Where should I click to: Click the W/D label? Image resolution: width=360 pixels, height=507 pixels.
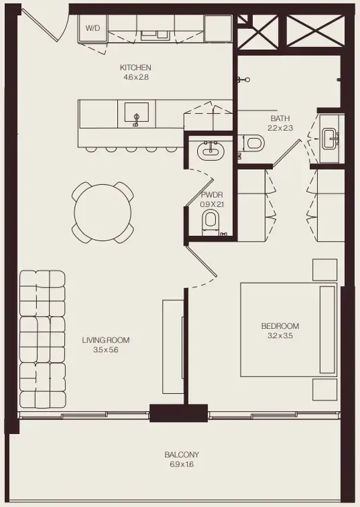(x=91, y=28)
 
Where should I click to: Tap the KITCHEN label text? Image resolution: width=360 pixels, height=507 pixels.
(x=135, y=68)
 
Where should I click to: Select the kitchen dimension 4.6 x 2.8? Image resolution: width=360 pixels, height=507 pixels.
(x=135, y=77)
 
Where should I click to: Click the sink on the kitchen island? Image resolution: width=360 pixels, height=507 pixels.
(x=137, y=113)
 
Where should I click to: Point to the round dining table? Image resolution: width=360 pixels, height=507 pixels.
(x=103, y=212)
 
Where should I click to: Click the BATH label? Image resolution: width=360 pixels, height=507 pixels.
(x=280, y=118)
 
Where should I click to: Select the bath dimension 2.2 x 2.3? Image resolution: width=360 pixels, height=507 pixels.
(x=280, y=127)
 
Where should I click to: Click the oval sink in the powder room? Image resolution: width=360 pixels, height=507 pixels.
(x=211, y=151)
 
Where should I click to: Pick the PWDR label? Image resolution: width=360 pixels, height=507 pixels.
(x=211, y=195)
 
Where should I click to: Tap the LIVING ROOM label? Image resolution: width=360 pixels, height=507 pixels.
(x=105, y=340)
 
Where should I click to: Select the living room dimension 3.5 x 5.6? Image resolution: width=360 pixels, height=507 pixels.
(x=105, y=350)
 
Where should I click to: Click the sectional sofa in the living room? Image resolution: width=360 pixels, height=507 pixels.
(x=42, y=339)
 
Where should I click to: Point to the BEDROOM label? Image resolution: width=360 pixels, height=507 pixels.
(x=280, y=326)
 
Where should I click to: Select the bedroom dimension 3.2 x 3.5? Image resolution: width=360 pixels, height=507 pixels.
(x=280, y=336)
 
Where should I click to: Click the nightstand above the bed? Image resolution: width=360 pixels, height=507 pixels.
(x=324, y=269)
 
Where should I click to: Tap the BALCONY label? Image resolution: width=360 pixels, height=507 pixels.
(x=182, y=455)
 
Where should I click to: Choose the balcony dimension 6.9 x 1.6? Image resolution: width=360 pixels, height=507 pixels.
(x=182, y=464)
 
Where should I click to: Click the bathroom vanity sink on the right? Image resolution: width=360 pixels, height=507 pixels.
(x=331, y=139)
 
